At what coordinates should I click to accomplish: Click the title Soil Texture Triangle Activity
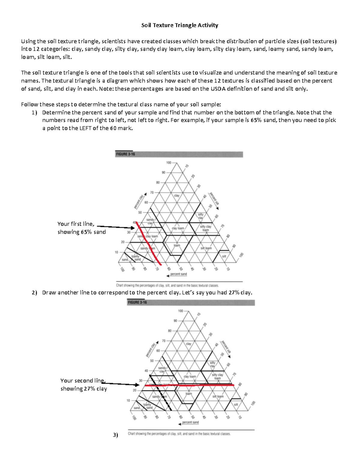pyautogui.click(x=180, y=25)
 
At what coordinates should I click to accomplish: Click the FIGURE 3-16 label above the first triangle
pyautogui.click(x=125, y=154)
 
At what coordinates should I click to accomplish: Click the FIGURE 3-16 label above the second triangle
pyautogui.click(x=137, y=302)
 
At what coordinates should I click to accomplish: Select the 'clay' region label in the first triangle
pyautogui.click(x=177, y=196)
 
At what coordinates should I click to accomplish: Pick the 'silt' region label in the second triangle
pyautogui.click(x=236, y=404)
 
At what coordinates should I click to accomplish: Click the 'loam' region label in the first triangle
pyautogui.click(x=177, y=245)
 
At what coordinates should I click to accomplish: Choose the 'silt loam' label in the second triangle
pyautogui.click(x=218, y=396)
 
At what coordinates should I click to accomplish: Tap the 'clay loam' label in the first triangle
pyautogui.click(x=178, y=228)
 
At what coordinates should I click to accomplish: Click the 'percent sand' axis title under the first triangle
pyautogui.click(x=178, y=274)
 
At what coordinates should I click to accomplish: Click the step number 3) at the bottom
pyautogui.click(x=115, y=435)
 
